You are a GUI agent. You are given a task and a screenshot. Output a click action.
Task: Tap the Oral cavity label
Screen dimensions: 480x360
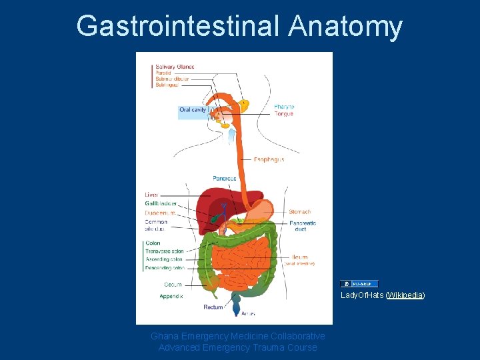(x=193, y=110)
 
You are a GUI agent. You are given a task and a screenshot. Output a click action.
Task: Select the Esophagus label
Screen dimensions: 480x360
(x=269, y=160)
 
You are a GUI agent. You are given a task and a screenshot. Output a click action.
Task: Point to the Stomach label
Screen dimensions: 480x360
(x=300, y=212)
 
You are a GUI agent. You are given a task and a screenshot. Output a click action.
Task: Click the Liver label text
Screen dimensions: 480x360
(x=152, y=195)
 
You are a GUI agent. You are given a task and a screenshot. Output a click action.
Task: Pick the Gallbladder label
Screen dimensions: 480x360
(x=161, y=203)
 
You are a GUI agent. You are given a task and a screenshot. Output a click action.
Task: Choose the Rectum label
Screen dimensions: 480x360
(x=213, y=307)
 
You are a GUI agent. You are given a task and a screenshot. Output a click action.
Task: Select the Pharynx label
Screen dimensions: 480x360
(x=284, y=107)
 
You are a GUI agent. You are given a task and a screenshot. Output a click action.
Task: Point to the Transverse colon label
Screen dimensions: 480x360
(x=164, y=251)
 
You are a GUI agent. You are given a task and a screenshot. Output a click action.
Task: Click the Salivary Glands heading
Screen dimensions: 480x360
(x=175, y=67)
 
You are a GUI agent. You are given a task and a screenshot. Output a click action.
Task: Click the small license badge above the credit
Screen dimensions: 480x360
(x=359, y=283)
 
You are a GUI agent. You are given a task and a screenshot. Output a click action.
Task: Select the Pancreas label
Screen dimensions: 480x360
(x=225, y=179)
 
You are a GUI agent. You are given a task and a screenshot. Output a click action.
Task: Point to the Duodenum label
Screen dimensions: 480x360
(x=160, y=213)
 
